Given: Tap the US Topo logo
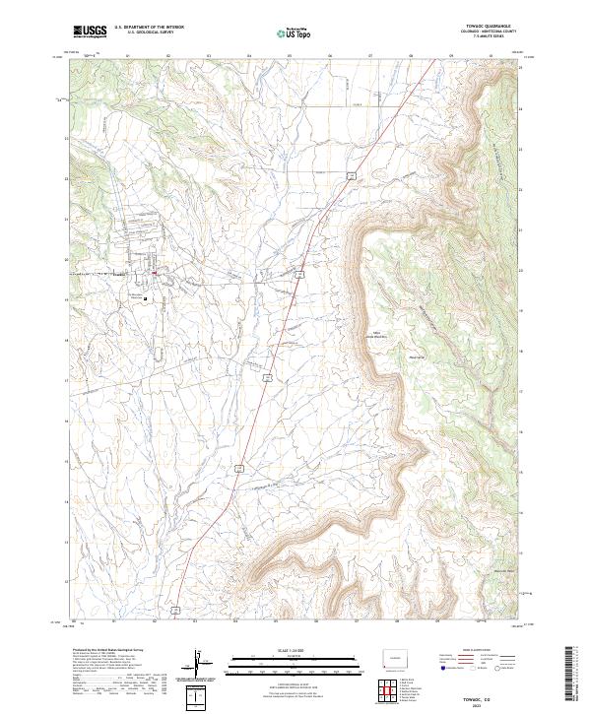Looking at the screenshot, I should tap(294, 32).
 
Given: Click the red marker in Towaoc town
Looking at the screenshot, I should tap(154, 274).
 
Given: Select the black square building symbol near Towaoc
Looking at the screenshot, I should tap(146, 298).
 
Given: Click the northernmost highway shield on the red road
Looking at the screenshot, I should tap(349, 175).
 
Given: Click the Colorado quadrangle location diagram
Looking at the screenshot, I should tap(397, 657).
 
